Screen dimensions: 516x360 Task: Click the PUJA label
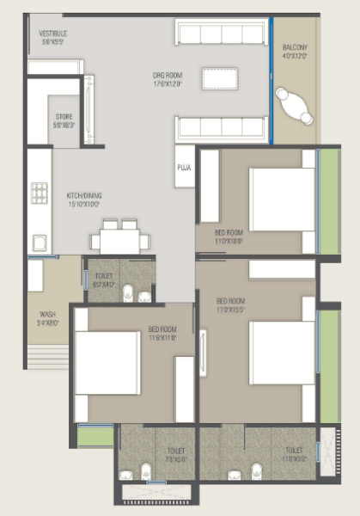(x=184, y=168)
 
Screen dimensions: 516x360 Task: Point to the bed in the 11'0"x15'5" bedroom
(x=281, y=352)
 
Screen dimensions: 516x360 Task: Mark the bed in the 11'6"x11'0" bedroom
(x=107, y=362)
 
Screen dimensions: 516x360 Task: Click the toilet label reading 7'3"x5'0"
(x=175, y=455)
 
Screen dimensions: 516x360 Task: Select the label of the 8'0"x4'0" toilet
(x=104, y=279)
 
